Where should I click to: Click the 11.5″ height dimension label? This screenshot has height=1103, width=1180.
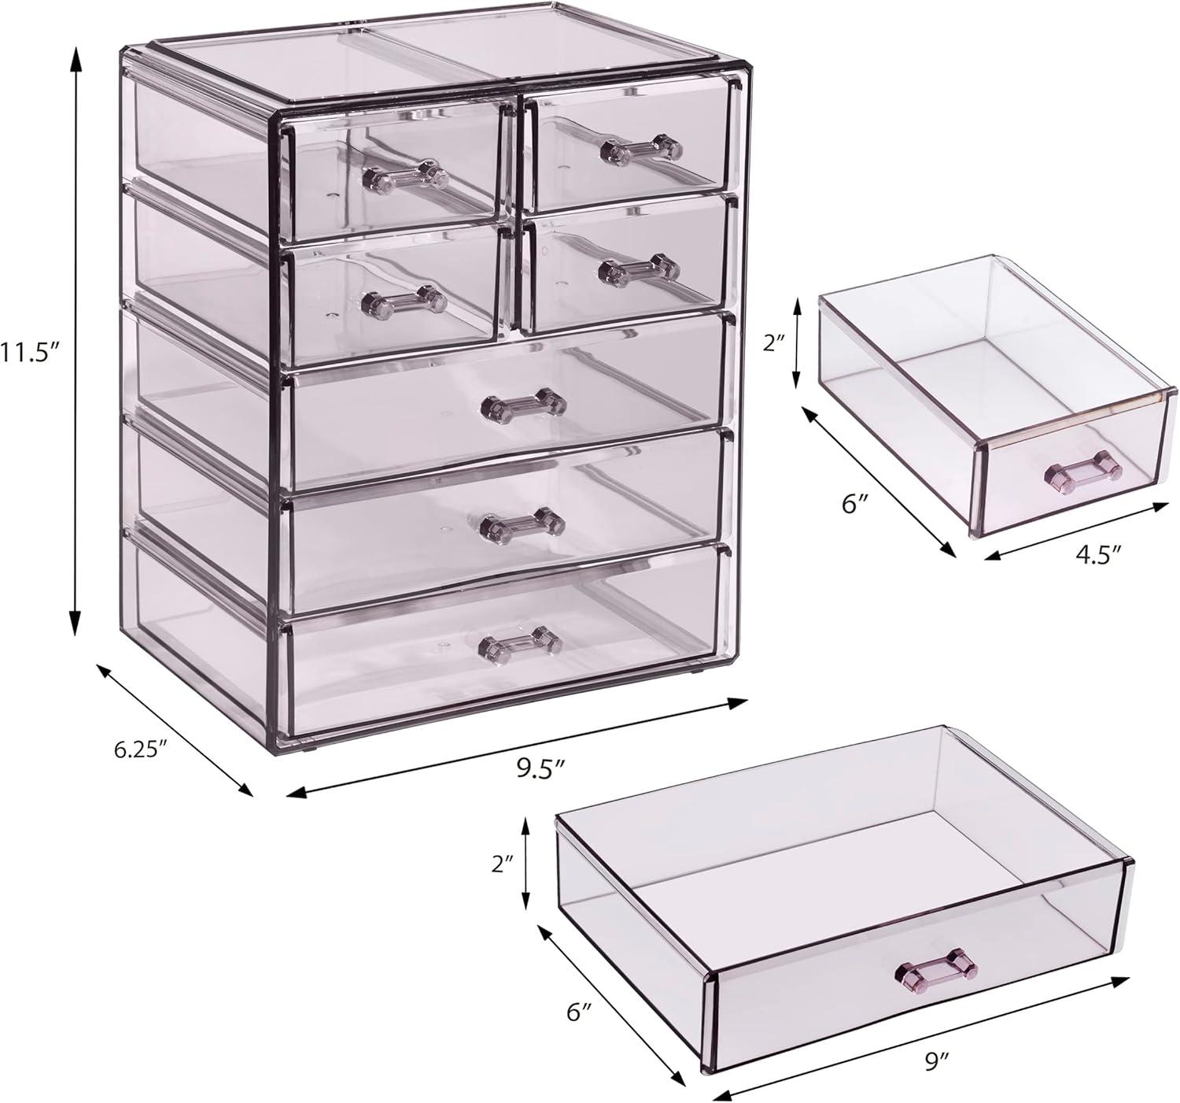(30, 351)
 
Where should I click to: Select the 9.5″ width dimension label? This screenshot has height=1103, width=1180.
(542, 767)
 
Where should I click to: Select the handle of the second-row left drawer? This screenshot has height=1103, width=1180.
(404, 299)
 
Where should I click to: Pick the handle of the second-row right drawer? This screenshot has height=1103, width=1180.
(639, 268)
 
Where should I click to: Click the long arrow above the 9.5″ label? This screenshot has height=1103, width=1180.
(517, 746)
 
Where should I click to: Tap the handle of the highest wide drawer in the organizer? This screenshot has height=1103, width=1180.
(523, 403)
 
